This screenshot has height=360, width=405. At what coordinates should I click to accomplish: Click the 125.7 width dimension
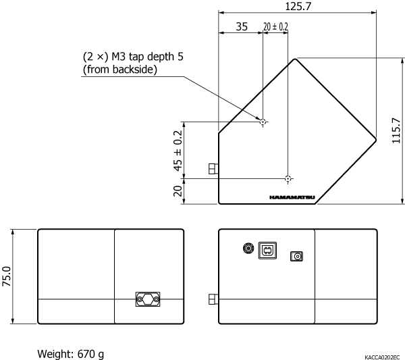coord(298,6)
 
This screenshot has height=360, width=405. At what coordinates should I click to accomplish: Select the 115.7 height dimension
coord(396,130)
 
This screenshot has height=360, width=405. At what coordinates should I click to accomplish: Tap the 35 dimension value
coord(242,26)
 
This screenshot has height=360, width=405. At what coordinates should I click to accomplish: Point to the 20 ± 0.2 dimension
coord(275,26)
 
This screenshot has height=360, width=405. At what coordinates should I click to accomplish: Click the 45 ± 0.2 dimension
coord(178,151)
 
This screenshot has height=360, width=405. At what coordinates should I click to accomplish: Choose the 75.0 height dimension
coord(7,276)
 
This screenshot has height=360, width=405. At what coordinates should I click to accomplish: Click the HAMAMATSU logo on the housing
coord(292,197)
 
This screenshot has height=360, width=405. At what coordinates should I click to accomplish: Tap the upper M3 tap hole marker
coord(263,122)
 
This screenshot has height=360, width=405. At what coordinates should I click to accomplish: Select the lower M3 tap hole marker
coord(288,178)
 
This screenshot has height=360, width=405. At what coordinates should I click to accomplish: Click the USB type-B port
coord(267,251)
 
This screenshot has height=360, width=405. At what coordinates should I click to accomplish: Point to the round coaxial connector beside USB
coord(248,249)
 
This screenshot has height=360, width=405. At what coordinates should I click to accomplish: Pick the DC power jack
coord(296,256)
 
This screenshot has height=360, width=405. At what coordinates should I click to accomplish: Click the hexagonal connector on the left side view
coord(148,299)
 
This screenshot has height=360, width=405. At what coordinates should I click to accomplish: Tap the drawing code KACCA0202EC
coord(382,357)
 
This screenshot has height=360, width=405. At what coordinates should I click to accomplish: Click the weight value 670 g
coord(90,354)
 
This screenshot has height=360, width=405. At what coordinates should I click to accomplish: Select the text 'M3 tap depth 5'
coord(147,56)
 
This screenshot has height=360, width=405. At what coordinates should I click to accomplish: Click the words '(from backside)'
coord(120,70)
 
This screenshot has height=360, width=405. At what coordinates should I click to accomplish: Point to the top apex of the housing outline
coord(295,59)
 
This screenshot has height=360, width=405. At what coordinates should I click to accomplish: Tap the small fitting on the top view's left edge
coord(213,169)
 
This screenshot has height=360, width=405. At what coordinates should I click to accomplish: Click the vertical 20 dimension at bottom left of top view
coord(178,191)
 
